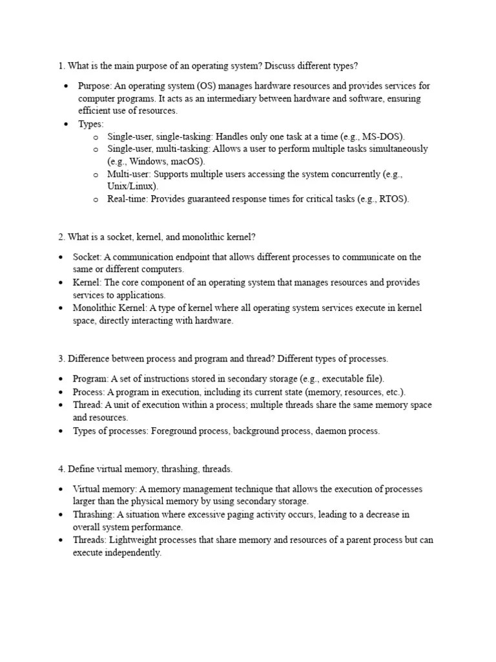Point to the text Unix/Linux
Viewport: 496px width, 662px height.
[132, 186]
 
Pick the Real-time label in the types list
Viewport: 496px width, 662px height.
[128, 199]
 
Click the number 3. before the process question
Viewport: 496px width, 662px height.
[61, 358]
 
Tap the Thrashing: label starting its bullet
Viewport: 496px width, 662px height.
[94, 515]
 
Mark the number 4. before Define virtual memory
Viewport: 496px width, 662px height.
[61, 468]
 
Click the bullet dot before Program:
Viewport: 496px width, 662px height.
[61, 379]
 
